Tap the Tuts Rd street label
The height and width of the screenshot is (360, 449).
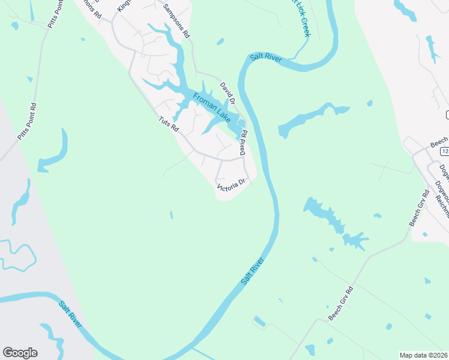[x=168, y=124]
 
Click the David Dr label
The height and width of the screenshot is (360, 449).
[x=227, y=92]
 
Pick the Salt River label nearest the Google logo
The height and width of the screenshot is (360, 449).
[x=71, y=314]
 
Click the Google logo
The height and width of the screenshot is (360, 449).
[x=20, y=353]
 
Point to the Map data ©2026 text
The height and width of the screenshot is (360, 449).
[x=423, y=355]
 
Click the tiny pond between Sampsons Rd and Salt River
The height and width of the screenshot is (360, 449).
[x=220, y=41]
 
